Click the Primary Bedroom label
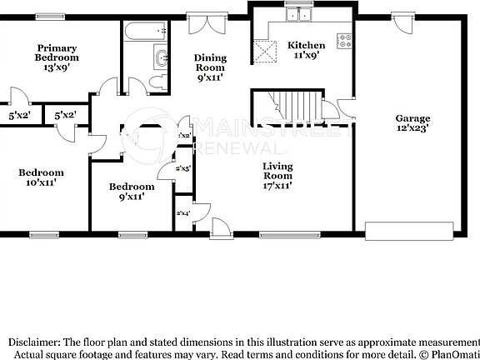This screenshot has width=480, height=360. (57, 58)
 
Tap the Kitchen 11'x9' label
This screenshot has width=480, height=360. (307, 51)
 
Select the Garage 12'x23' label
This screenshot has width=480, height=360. (412, 124)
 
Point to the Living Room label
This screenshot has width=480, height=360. (277, 176)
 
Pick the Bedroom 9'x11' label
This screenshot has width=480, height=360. (132, 192)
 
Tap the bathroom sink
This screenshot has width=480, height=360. (160, 58)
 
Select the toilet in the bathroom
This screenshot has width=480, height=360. (157, 80)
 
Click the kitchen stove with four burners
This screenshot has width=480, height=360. (342, 39)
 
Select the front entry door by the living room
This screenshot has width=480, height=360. (222, 226)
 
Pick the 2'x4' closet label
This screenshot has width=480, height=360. (182, 214)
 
